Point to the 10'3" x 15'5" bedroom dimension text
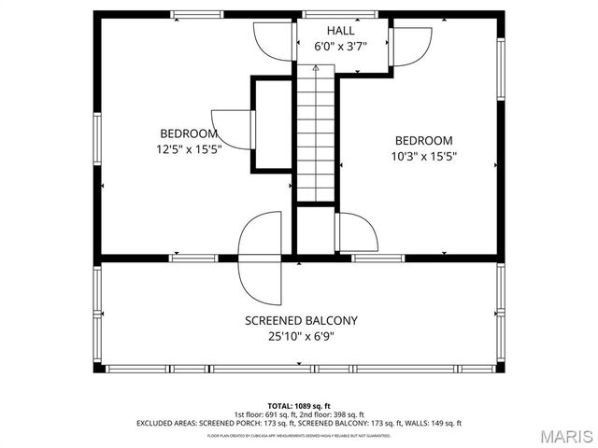pos(423,156)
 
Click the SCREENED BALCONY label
pos(301,320)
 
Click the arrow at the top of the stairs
pos(316,68)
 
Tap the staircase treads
pos(316,140)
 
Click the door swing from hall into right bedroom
pos(409,45)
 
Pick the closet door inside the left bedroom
pos(234,128)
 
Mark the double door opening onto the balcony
pos(260,257)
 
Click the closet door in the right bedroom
pos(355,231)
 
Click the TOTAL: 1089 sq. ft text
pos(299,406)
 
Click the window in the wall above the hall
pos(327,14)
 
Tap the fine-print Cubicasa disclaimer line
pos(299,435)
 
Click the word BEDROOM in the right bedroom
pos(423,140)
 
